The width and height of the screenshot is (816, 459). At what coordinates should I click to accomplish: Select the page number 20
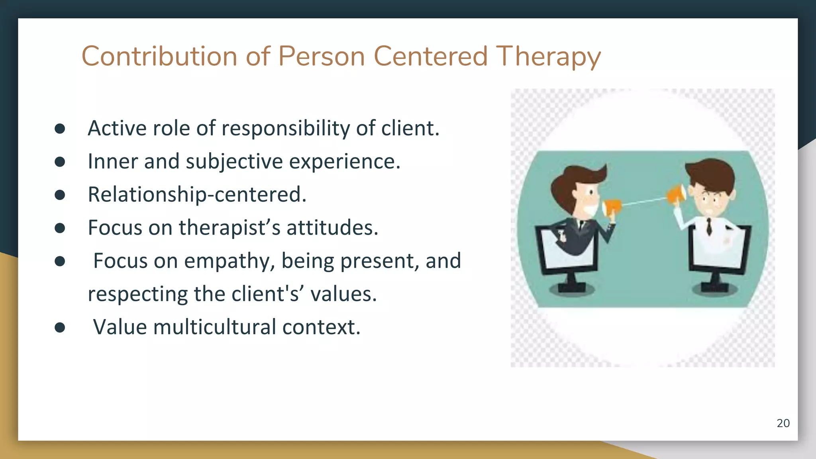tap(783, 423)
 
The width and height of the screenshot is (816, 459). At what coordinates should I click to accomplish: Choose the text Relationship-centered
tap(197, 195)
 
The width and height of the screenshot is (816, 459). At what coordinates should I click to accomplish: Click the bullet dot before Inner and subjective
tap(60, 162)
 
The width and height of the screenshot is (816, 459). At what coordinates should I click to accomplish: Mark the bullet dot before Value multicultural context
tap(60, 328)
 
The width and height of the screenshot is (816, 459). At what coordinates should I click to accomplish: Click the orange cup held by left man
tap(611, 208)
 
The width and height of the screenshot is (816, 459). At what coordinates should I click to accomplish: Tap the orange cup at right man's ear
tap(677, 194)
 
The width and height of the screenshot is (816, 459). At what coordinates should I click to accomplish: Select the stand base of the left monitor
tap(572, 288)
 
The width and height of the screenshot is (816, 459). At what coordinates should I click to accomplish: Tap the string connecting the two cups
tap(643, 201)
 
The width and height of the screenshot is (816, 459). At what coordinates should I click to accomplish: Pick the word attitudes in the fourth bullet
tap(332, 228)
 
